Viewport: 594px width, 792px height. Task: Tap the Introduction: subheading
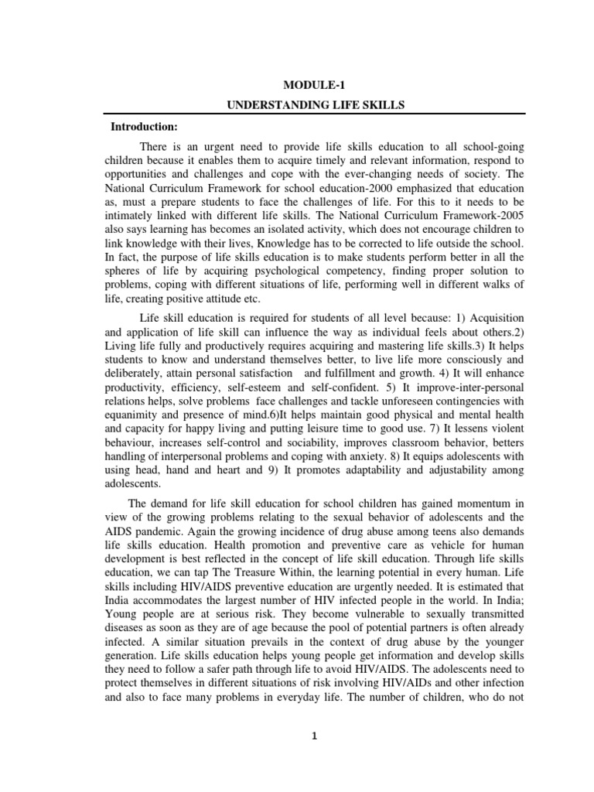tap(144, 125)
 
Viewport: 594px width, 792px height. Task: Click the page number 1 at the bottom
tap(315, 736)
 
